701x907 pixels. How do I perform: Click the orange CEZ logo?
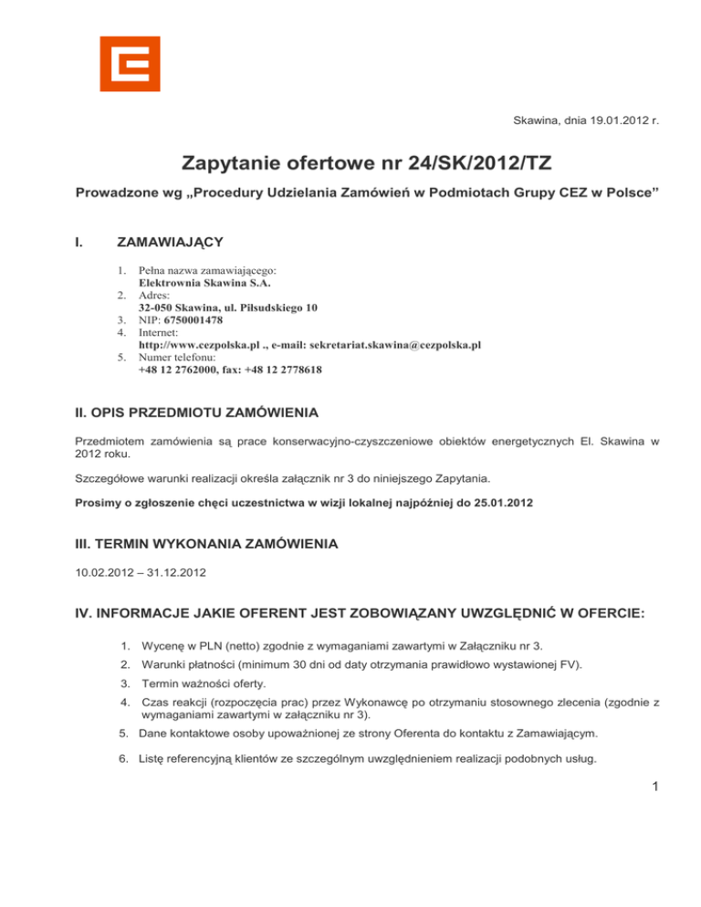click(x=130, y=64)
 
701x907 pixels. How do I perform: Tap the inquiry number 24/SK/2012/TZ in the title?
click(x=438, y=164)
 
